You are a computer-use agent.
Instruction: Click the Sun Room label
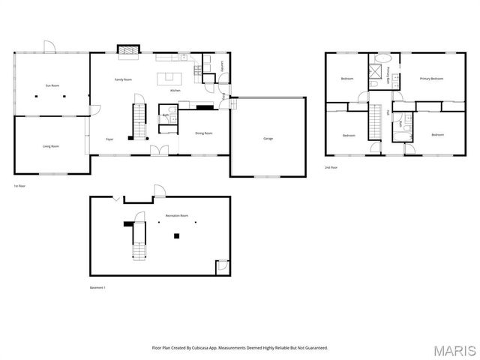[52, 85]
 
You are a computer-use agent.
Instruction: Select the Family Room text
[123, 79]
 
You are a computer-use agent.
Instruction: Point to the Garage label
[268, 139]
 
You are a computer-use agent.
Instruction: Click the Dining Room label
[203, 133]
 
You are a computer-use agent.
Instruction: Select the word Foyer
[109, 139]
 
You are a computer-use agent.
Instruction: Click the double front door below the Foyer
[159, 151]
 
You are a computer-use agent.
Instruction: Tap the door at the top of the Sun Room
[49, 47]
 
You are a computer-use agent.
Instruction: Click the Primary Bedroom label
[431, 79]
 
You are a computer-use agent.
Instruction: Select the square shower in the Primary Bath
[374, 72]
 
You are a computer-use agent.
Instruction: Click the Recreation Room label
[177, 216]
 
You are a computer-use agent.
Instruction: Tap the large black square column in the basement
[176, 236]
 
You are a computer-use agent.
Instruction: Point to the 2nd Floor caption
[331, 167]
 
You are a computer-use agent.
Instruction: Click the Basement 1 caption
[98, 287]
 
